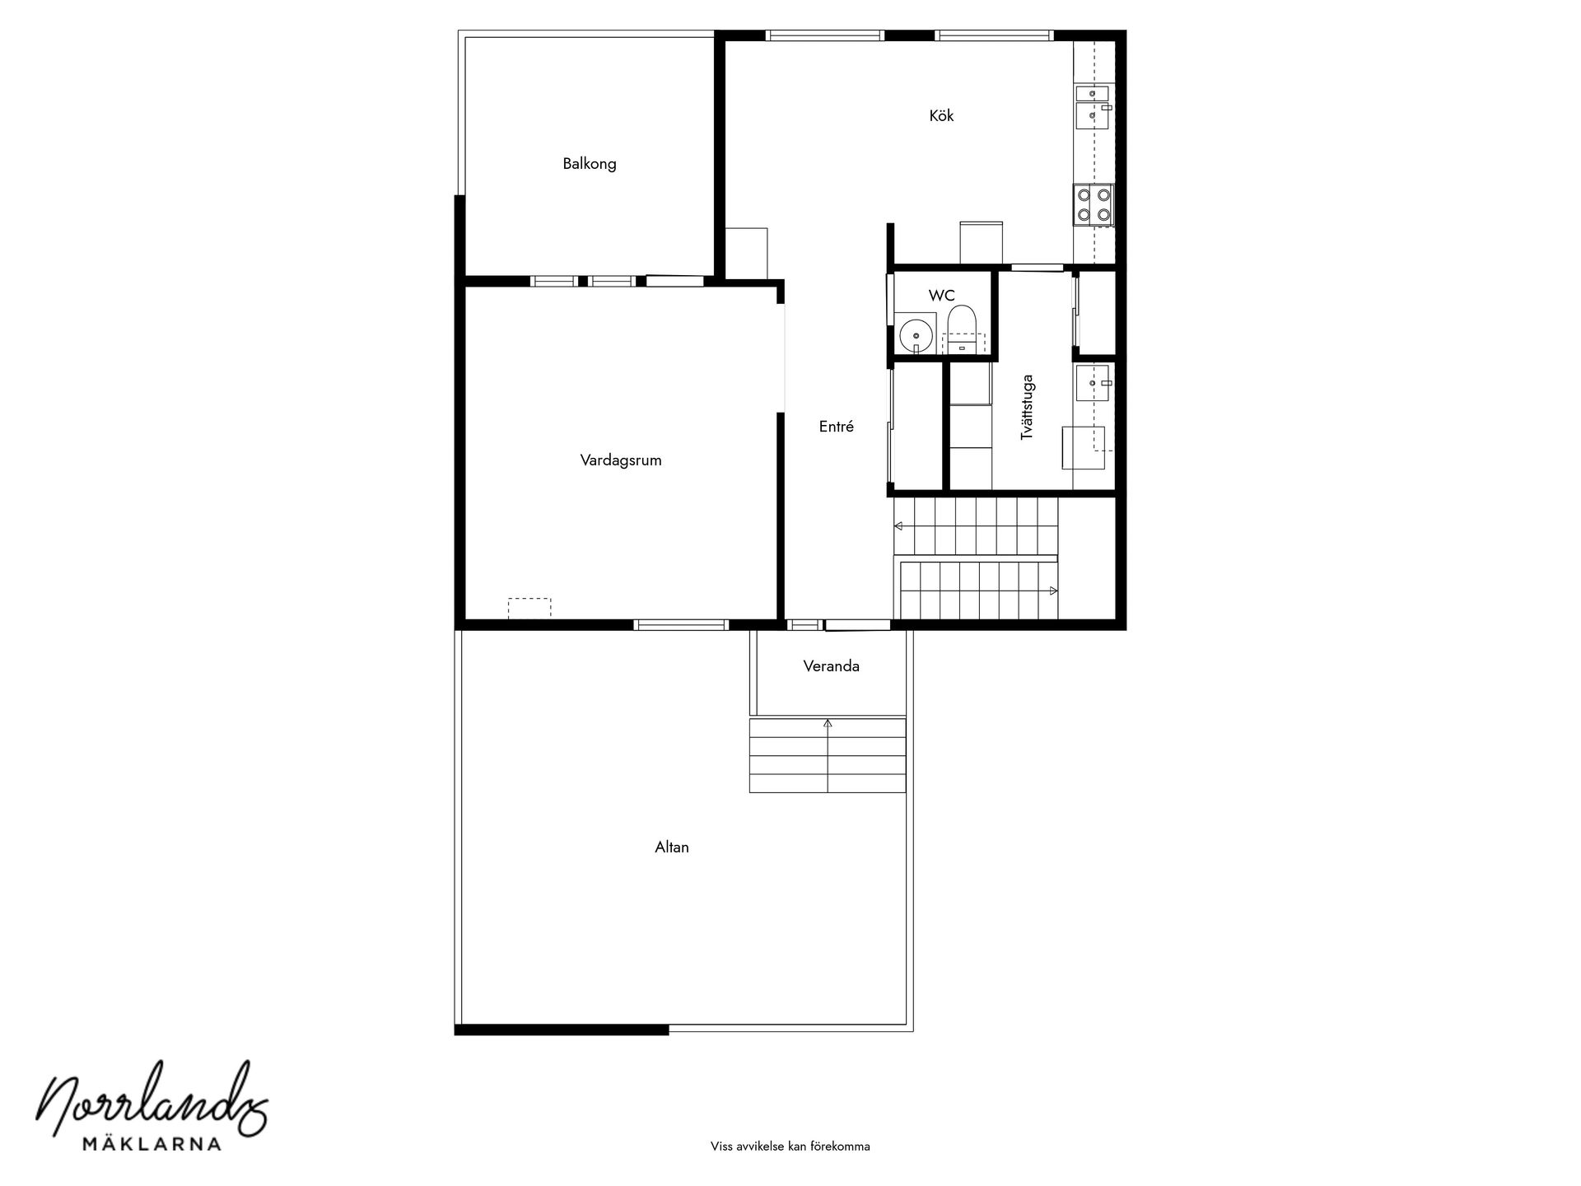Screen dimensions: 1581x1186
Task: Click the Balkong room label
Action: point(590,164)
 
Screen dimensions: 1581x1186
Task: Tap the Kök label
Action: point(941,116)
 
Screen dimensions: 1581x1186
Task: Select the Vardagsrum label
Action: point(621,460)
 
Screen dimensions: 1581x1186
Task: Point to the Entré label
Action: point(836,427)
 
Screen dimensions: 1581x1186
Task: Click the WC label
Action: point(941,296)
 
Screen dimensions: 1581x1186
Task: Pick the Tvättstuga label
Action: point(1027,407)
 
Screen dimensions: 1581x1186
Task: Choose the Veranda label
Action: point(831,666)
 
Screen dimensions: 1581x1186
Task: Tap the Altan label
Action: point(672,847)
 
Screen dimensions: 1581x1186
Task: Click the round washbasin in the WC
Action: point(915,334)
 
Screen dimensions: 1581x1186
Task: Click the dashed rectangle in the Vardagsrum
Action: point(529,608)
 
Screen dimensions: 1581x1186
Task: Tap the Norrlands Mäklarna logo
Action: point(154,1108)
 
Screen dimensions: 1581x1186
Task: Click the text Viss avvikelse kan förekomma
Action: point(790,1146)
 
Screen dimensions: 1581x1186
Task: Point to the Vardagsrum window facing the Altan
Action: point(681,625)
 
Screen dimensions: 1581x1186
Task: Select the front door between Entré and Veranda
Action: point(857,625)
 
